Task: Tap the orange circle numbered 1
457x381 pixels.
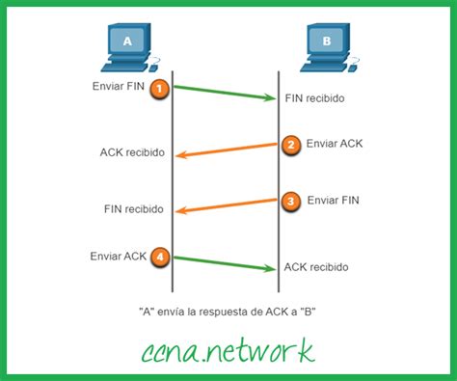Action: pyautogui.click(x=160, y=89)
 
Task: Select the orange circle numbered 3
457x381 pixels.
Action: pyautogui.click(x=291, y=201)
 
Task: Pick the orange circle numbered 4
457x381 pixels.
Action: pyautogui.click(x=160, y=257)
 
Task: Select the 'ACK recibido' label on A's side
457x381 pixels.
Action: pyautogui.click(x=131, y=152)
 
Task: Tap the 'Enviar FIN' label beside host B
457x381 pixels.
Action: pyautogui.click(x=336, y=200)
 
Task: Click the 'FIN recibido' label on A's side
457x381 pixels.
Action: pyautogui.click(x=133, y=208)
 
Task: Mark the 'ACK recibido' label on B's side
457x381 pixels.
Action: pyautogui.click(x=316, y=266)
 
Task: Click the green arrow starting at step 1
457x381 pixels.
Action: pyautogui.click(x=222, y=93)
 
